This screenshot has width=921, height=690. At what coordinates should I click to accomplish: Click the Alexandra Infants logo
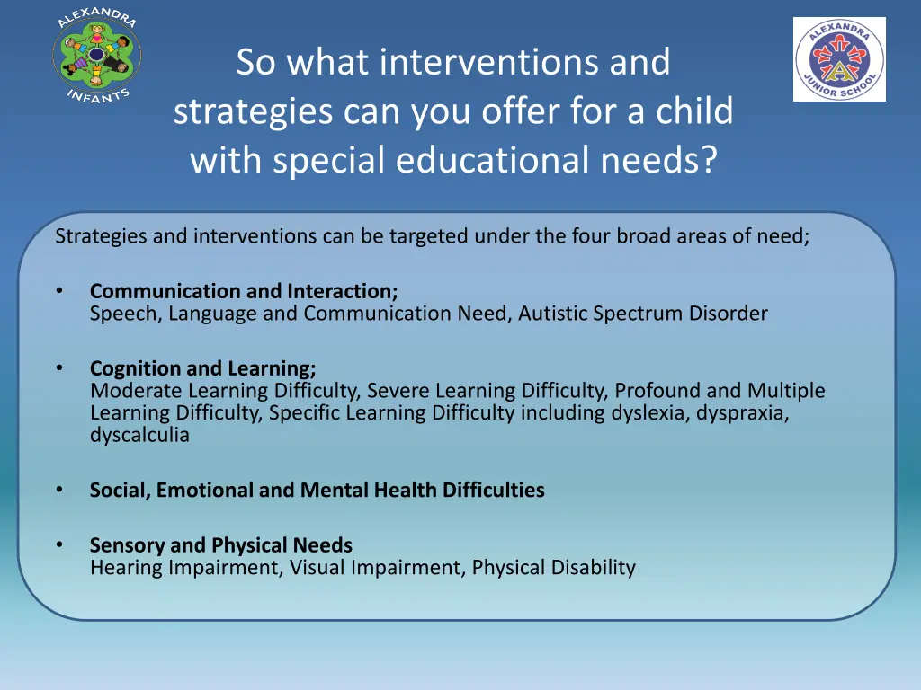(96, 57)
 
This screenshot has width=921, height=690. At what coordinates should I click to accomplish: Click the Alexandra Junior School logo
(839, 59)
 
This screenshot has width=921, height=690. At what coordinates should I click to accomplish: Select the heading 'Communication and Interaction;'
(244, 291)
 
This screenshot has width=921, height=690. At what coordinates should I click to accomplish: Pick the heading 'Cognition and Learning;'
(202, 368)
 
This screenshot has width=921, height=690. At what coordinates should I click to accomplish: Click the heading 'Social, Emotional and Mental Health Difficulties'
(317, 491)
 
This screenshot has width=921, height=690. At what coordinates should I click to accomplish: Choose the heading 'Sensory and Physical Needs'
(220, 545)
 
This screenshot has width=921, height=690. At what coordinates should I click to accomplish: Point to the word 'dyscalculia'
(139, 436)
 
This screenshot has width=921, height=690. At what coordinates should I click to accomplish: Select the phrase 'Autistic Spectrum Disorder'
(642, 314)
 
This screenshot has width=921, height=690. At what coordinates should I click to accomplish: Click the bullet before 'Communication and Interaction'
(59, 291)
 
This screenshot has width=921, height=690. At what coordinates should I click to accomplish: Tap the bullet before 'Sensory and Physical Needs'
(59, 545)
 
